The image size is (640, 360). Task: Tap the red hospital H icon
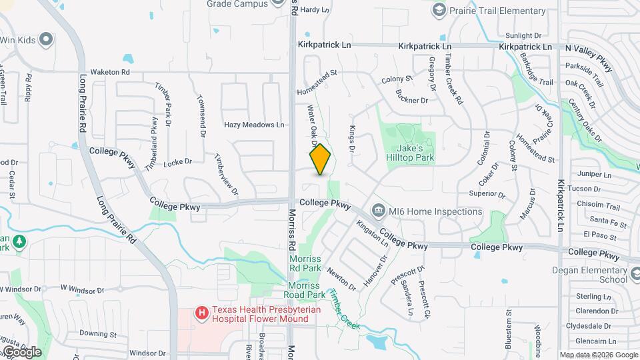(x=201, y=312)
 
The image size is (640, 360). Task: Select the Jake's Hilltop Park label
(x=412, y=153)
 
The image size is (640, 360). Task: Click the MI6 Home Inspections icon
(x=379, y=211)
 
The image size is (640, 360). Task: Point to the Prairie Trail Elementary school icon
(x=439, y=11)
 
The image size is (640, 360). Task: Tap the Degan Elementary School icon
(x=638, y=271)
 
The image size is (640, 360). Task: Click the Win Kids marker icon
(x=46, y=40)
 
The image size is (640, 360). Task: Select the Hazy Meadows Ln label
(x=254, y=125)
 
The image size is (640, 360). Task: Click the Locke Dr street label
(x=177, y=161)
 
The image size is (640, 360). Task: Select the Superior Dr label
(x=487, y=194)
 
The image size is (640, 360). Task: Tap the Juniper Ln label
(x=596, y=175)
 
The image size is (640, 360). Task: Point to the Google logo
(x=21, y=351)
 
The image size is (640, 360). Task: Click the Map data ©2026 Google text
(x=599, y=355)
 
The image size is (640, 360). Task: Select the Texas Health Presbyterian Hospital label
(x=261, y=314)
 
